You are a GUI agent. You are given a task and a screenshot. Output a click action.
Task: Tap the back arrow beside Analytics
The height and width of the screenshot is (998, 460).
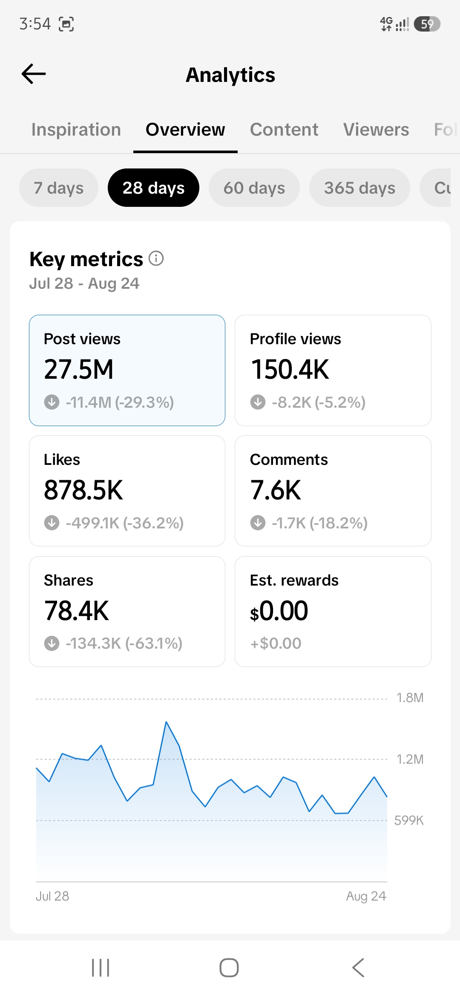point(34,74)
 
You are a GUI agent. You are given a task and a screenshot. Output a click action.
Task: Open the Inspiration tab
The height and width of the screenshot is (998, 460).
point(76,130)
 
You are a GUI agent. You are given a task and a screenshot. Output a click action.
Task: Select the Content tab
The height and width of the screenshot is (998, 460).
point(284,130)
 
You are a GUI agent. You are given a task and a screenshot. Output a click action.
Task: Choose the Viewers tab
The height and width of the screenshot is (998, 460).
point(376,130)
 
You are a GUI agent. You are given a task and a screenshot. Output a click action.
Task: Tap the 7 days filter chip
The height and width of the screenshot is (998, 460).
point(59,188)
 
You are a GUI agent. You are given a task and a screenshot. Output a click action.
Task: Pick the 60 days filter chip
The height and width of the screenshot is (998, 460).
point(254,188)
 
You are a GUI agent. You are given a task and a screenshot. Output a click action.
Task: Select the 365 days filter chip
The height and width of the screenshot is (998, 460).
point(359,188)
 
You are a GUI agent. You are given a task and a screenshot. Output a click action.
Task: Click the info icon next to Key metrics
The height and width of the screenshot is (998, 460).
point(156,258)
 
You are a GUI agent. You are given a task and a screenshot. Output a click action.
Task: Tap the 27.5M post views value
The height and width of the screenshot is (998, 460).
point(79,369)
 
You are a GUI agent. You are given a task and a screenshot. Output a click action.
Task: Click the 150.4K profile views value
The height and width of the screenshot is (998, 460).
point(290,369)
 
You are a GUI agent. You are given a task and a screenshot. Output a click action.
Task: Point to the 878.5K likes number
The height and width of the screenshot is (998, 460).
point(83,490)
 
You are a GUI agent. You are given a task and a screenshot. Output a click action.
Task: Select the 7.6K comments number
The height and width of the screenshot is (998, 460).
point(276,490)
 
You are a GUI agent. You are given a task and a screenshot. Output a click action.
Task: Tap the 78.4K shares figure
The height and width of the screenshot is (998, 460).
point(77,611)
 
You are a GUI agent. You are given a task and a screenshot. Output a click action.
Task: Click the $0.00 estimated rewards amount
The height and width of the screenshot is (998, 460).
point(279,611)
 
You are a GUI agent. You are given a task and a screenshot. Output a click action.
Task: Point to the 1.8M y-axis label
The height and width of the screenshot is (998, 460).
point(410,698)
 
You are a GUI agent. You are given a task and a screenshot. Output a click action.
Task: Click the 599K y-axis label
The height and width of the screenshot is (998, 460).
point(409,820)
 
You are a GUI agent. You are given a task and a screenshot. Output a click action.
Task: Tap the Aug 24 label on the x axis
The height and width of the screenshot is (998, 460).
point(366,896)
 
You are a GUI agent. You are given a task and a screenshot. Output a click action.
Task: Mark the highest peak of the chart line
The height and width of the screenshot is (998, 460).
point(166,722)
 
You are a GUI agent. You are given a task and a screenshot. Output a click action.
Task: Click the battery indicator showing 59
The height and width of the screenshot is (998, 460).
point(427,24)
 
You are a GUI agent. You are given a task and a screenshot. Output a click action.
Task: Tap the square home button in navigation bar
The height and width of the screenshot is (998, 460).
point(229,967)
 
